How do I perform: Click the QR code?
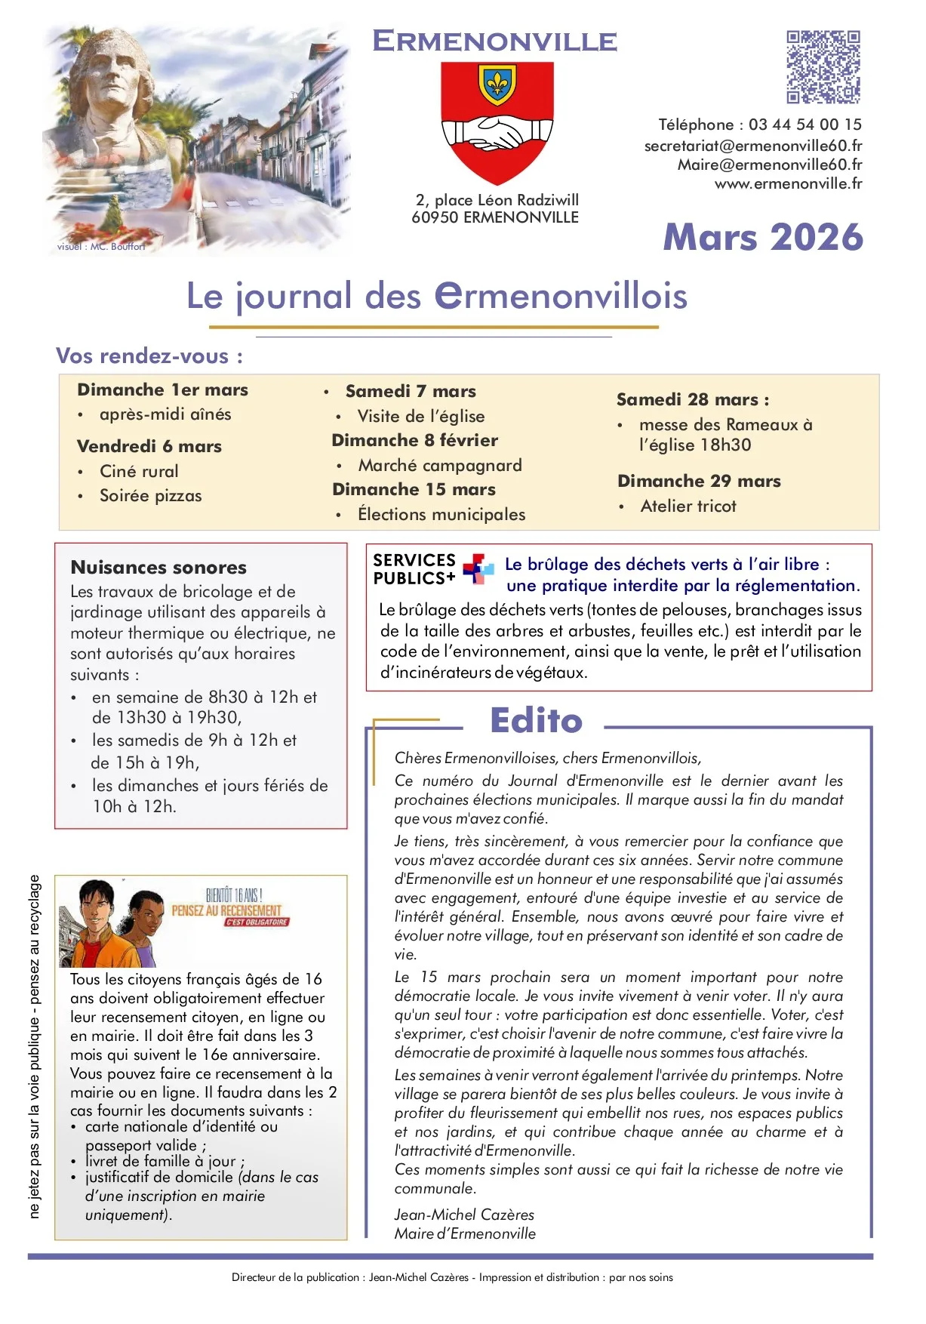tap(823, 67)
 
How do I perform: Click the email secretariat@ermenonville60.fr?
tap(752, 145)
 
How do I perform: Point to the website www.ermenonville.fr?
tap(788, 183)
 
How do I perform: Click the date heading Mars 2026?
tap(762, 237)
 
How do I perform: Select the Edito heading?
tap(536, 720)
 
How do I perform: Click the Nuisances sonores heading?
tap(158, 567)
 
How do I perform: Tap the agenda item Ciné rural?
tap(139, 471)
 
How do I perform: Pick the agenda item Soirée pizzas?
tap(150, 496)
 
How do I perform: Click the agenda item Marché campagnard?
tap(439, 465)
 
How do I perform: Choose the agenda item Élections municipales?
tap(441, 514)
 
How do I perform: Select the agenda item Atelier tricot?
tap(688, 506)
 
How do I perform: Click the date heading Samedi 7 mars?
tap(411, 391)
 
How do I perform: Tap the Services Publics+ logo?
tap(477, 569)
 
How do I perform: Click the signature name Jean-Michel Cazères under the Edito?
tap(463, 1215)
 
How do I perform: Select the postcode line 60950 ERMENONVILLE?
tap(495, 217)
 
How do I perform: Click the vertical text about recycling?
tap(34, 1045)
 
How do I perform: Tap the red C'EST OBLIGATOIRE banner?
tap(257, 922)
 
